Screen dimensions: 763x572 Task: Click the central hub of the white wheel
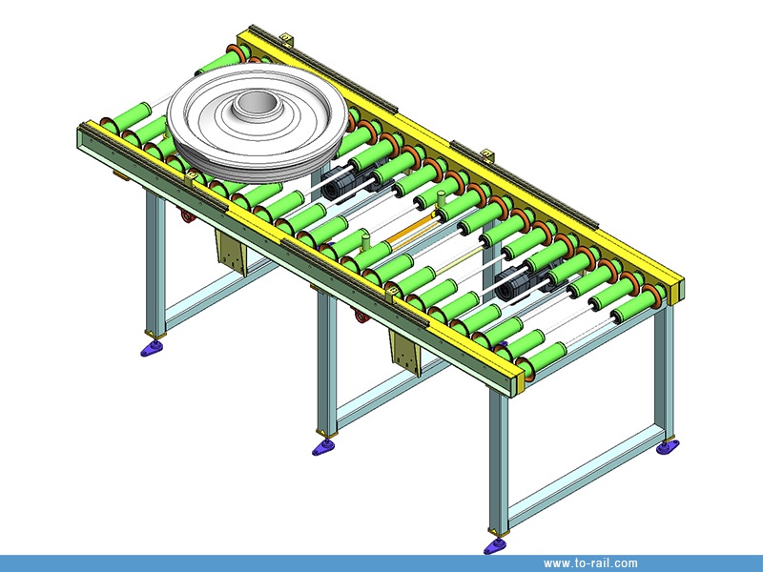(255, 106)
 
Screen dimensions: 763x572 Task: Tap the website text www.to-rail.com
(590, 563)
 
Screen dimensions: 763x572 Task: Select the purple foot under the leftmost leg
(152, 348)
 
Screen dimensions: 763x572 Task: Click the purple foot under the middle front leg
(323, 447)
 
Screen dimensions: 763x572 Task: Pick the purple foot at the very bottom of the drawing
(496, 546)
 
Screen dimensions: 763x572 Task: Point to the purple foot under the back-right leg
(668, 446)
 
